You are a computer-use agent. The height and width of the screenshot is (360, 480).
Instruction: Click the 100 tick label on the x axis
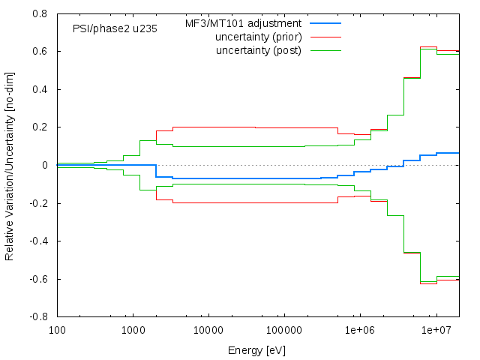(x=57, y=330)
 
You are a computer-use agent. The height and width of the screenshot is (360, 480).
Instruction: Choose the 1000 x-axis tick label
(x=133, y=330)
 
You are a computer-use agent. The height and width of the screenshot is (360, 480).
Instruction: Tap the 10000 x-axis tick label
(x=208, y=330)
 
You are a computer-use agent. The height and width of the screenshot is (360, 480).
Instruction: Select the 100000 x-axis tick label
(x=284, y=330)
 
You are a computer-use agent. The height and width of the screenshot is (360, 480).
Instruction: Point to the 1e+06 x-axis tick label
(x=360, y=330)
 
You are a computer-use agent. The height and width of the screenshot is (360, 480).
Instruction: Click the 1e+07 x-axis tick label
(x=436, y=330)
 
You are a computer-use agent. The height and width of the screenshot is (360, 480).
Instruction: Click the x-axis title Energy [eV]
(x=256, y=350)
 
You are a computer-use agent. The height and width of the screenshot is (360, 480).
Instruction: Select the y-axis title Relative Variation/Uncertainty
(x=10, y=165)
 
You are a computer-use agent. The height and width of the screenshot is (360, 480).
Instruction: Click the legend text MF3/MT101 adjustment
(x=243, y=23)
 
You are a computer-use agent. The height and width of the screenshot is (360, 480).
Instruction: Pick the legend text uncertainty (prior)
(x=258, y=37)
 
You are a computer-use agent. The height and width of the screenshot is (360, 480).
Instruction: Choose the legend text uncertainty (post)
(x=258, y=50)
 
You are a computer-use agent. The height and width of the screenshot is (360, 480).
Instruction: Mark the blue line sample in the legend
(x=324, y=23)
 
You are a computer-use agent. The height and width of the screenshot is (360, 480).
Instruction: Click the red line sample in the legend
(x=324, y=37)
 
